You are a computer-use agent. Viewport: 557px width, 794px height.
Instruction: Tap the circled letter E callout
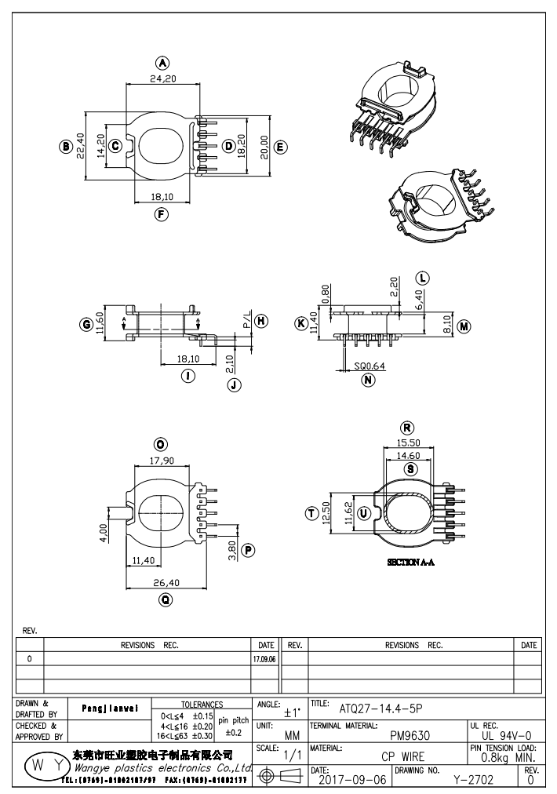click(x=281, y=146)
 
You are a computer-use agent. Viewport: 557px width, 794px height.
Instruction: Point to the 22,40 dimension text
click(x=80, y=146)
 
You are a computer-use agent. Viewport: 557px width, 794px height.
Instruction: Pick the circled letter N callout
click(x=367, y=381)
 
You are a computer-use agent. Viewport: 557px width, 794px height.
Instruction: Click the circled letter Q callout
click(x=166, y=599)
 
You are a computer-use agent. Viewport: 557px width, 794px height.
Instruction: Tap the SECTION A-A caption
click(x=412, y=563)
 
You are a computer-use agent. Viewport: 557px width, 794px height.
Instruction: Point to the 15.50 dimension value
click(x=408, y=443)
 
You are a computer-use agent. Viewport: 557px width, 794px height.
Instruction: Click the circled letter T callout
click(x=311, y=513)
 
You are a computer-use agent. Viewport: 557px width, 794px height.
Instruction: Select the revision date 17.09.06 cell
click(x=264, y=660)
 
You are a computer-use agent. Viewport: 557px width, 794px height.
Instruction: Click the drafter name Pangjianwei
click(x=109, y=708)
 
